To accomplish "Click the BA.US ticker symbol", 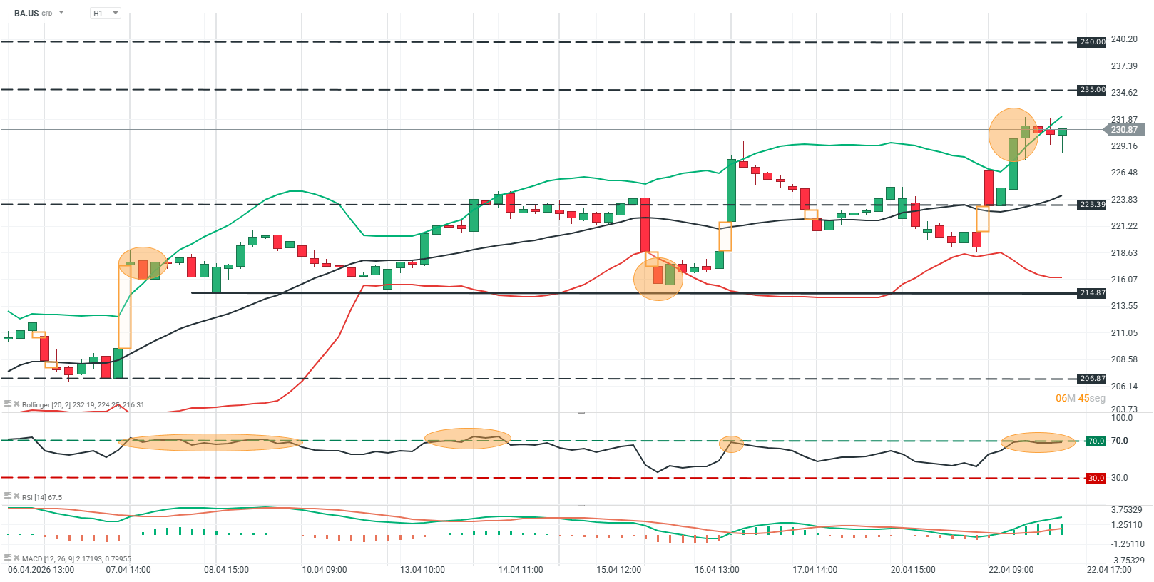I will (x=26, y=13).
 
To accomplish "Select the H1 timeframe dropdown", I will (x=105, y=13).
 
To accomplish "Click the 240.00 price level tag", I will (x=1091, y=42).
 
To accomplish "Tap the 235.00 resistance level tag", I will (x=1091, y=90).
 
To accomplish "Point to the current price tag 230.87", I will (x=1123, y=130).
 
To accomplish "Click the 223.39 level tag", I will (x=1091, y=205).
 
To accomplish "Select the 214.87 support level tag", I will (x=1091, y=293).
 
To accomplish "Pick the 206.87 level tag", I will (x=1091, y=379).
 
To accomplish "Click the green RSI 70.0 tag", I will (x=1095, y=441).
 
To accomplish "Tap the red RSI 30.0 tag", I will (x=1095, y=478).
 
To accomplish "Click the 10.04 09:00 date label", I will (x=325, y=570).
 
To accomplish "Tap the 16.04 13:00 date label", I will (x=717, y=570).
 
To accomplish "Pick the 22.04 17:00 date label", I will (x=1109, y=570).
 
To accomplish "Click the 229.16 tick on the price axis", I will (x=1124, y=146).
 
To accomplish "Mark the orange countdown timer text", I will (x=1080, y=398).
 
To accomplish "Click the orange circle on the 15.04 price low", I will (x=658, y=279).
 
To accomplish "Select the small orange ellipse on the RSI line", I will (x=731, y=444).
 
